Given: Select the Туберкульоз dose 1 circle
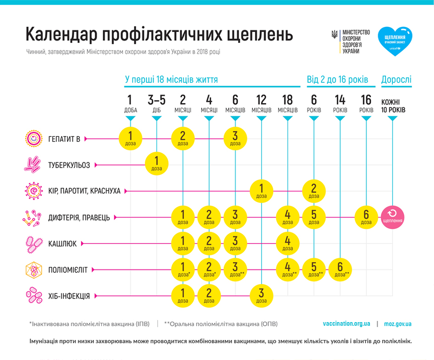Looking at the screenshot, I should tap(157, 164).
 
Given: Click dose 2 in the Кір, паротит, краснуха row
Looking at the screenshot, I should tap(314, 190).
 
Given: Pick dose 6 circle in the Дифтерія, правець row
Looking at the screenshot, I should tap(366, 217).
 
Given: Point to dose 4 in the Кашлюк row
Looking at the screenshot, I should tap(288, 243).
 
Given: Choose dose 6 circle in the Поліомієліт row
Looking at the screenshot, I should tap(340, 269).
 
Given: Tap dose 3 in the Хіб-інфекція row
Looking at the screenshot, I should tap(261, 295).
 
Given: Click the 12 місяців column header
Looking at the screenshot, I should tap(261, 104).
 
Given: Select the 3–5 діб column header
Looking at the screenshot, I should tap(156, 104).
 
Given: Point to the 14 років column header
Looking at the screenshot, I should tap(340, 104).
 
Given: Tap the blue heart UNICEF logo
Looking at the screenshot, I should tap(395, 41).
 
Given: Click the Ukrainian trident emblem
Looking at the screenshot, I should tap(335, 34).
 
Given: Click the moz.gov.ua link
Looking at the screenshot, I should tap(397, 324).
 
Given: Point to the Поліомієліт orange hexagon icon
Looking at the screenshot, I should tap(32, 270).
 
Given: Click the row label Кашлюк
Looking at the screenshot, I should tap(62, 244).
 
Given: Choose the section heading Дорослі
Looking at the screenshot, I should tap(396, 79).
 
